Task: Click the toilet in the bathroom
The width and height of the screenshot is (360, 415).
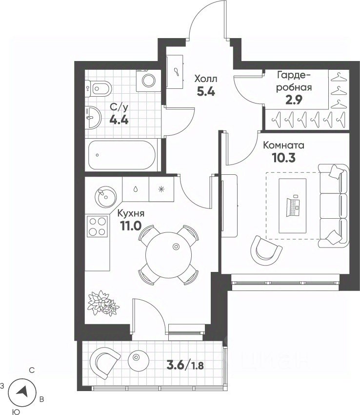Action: [x=98, y=88]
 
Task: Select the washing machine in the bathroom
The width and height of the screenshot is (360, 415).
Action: [x=148, y=80]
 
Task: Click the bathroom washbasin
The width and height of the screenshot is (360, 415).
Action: [x=93, y=117]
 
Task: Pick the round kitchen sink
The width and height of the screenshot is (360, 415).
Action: [x=105, y=197]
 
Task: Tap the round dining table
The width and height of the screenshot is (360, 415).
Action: [x=168, y=255]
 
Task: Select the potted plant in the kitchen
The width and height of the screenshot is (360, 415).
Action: [x=103, y=303]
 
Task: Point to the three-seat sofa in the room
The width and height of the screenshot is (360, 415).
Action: [x=333, y=206]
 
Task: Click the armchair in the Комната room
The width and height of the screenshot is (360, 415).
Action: [x=265, y=250]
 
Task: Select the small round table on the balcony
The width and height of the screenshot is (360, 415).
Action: [x=139, y=360]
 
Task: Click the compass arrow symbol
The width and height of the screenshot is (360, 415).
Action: [x=22, y=391]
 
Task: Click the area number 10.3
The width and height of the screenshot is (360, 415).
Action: [x=283, y=158]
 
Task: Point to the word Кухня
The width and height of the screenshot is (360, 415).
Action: [x=131, y=213]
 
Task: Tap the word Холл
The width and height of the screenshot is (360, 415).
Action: [x=206, y=79]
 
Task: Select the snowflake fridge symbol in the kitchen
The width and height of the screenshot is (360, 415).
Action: [x=161, y=189]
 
